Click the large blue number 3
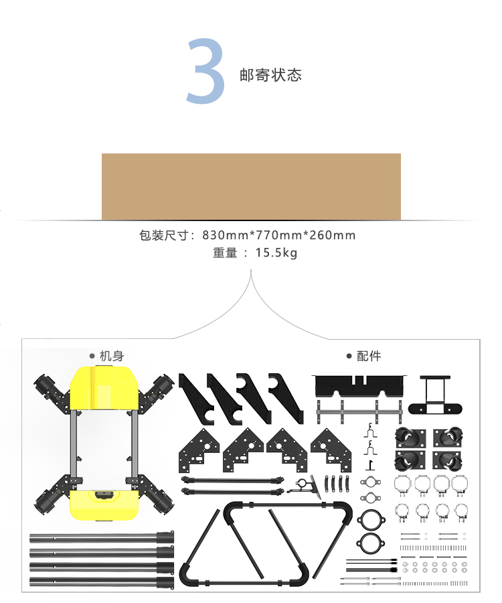pyautogui.click(x=205, y=72)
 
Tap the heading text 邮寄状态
pyautogui.click(x=270, y=74)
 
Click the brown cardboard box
pyautogui.click(x=251, y=186)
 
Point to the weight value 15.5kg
pyautogui.click(x=276, y=253)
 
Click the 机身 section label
pyautogui.click(x=112, y=356)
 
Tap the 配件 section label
pyautogui.click(x=369, y=356)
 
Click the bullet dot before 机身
pyautogui.click(x=92, y=356)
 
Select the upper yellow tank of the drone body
pyautogui.click(x=104, y=388)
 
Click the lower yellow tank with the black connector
pyautogui.click(x=104, y=503)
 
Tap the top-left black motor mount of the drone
pyautogui.click(x=51, y=389)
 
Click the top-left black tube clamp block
pyautogui.click(x=410, y=438)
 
